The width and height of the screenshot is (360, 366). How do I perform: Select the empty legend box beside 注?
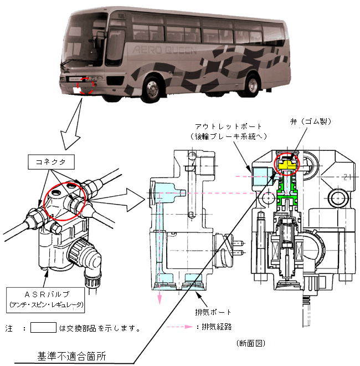coord(44,327)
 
